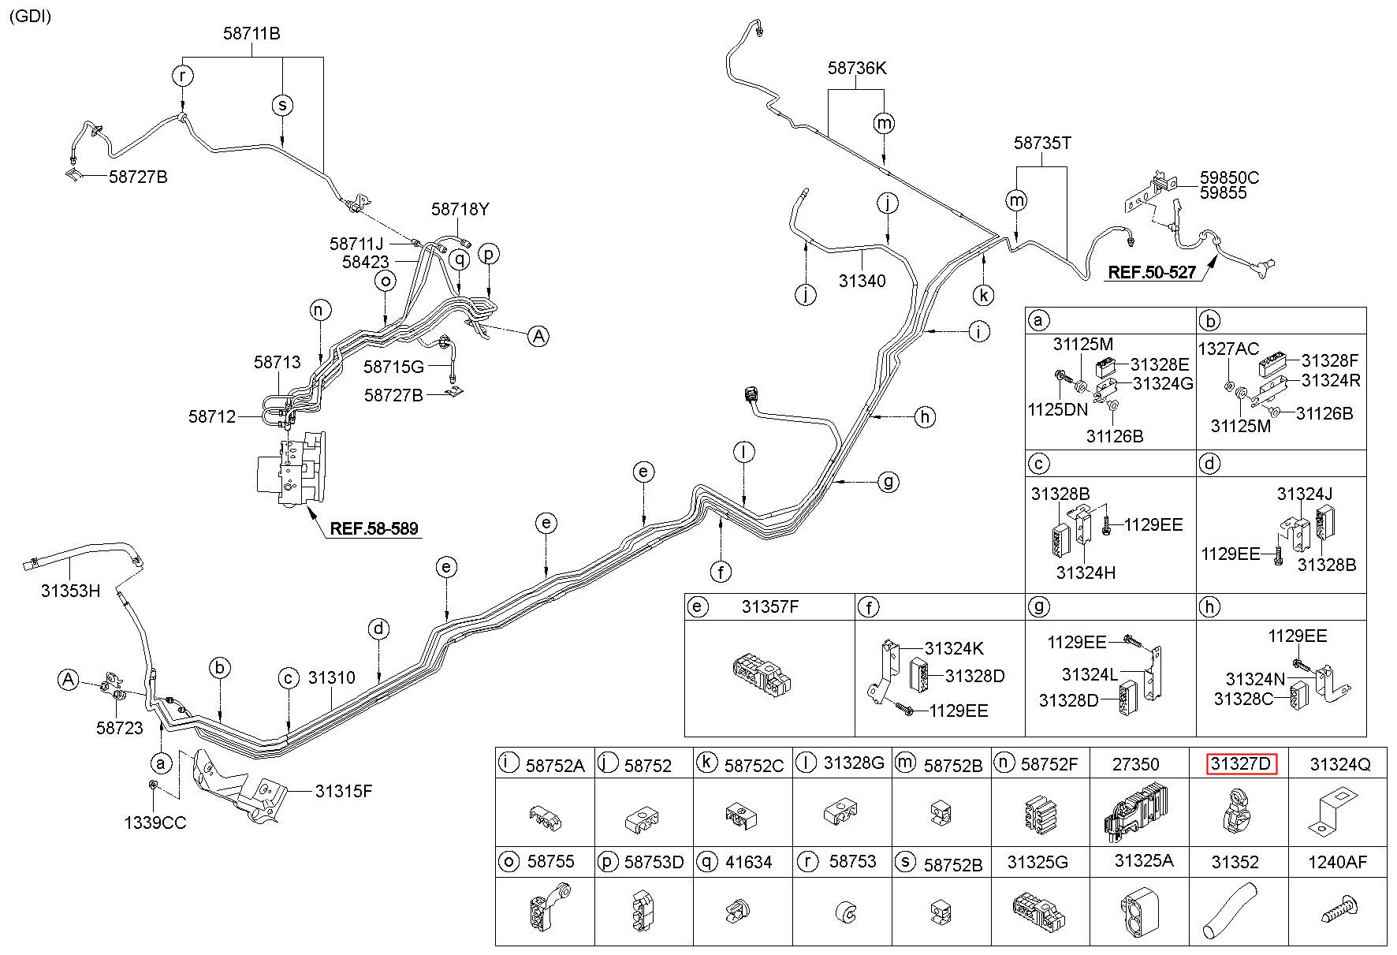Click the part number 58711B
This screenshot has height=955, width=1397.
click(x=251, y=34)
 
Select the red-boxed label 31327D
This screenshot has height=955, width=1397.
click(x=1241, y=764)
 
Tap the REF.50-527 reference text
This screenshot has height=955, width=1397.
click(x=1152, y=273)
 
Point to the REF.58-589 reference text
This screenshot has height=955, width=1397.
click(x=374, y=528)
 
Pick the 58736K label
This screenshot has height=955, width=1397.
click(x=857, y=69)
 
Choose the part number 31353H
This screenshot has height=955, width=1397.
click(x=71, y=590)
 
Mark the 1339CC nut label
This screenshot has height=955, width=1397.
click(x=155, y=823)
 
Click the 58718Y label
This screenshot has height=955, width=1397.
click(x=460, y=210)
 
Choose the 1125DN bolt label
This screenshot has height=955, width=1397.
click(x=1057, y=409)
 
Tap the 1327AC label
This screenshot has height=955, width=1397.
click(x=1228, y=349)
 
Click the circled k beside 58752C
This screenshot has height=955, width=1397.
click(x=706, y=763)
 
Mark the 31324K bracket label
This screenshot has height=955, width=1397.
click(x=954, y=649)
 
